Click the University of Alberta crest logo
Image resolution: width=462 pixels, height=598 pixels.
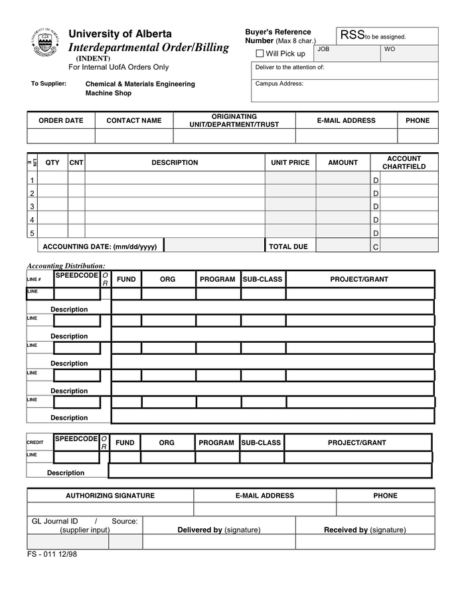(x=44, y=45)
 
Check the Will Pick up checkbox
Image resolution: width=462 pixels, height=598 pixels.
(x=260, y=53)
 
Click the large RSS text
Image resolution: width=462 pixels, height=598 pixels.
(x=352, y=35)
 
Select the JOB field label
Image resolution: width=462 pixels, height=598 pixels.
(x=323, y=50)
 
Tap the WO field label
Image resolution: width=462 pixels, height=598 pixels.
(x=390, y=50)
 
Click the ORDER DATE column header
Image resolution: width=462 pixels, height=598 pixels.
(x=61, y=120)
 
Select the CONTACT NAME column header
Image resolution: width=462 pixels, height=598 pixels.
(x=134, y=120)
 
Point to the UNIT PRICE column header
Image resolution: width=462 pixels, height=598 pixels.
(x=290, y=162)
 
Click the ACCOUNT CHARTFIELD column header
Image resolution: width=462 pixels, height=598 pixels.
(x=404, y=163)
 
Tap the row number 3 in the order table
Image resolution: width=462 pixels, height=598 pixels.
(x=32, y=207)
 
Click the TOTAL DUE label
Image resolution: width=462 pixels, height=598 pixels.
(x=288, y=247)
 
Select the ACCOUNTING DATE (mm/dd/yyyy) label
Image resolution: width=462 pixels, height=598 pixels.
(x=100, y=247)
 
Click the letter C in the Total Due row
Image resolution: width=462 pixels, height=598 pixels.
(x=376, y=247)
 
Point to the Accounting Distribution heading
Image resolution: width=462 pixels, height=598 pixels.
(x=66, y=266)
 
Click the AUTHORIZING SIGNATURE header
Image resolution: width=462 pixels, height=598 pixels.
(x=110, y=496)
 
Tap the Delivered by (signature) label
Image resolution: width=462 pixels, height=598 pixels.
(x=219, y=530)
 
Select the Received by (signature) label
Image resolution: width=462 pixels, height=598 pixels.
(x=364, y=530)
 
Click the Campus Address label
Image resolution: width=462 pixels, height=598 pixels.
(x=279, y=84)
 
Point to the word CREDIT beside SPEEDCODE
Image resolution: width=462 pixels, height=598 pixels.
(x=35, y=443)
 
